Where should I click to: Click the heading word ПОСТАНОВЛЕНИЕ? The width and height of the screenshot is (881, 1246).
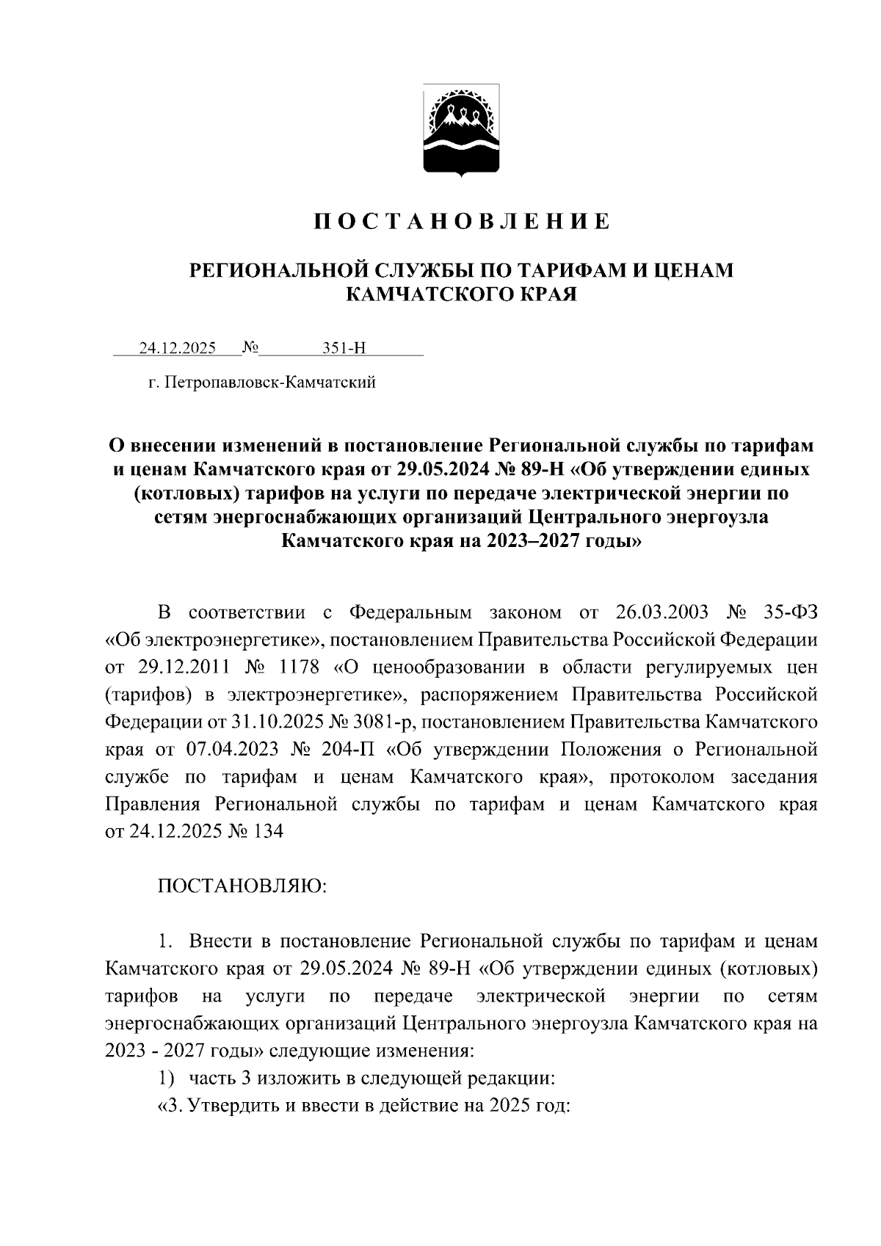(x=462, y=222)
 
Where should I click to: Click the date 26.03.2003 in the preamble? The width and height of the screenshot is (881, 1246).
(x=644, y=612)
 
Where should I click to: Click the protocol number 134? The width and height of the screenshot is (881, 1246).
(x=267, y=832)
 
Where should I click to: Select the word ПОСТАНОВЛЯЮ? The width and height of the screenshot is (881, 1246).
(x=242, y=886)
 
